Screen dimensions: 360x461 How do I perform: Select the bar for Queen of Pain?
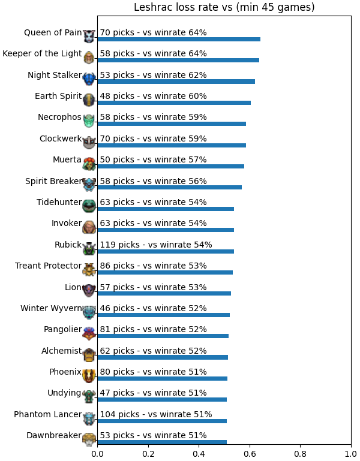179,40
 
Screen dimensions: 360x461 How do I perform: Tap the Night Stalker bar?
176,82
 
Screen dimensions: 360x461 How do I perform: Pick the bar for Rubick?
166,251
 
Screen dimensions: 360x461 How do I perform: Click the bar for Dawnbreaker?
162,442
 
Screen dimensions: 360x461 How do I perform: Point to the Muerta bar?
171,167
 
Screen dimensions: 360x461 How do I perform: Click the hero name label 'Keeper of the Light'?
42,53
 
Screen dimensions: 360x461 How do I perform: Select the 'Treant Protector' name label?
48,266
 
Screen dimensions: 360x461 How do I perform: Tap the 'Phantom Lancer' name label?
47,414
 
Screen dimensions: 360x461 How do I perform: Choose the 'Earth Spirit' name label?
58,96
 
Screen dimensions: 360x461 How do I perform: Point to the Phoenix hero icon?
89,375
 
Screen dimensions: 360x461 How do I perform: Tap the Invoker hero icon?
89,227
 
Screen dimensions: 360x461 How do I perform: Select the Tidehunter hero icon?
89,206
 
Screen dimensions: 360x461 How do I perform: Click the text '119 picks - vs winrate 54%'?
156,245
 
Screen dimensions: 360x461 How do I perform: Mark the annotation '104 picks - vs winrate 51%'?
156,414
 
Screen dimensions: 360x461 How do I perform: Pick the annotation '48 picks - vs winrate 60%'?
154,96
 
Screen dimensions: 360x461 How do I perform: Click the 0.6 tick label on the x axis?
250,454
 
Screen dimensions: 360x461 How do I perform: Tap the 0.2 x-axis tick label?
148,454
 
